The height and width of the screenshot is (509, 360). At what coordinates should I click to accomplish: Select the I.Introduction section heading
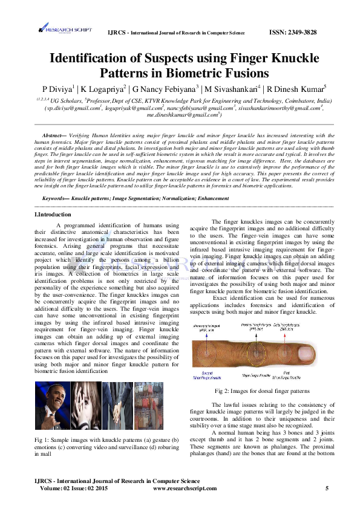(x=53, y=214)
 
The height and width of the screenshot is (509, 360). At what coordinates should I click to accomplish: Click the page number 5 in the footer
(x=327, y=487)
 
